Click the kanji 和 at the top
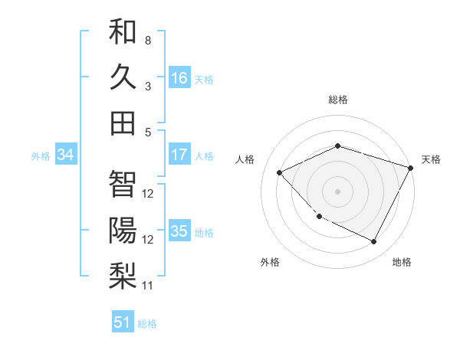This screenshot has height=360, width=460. tap(123, 32)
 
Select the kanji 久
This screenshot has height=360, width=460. tap(123, 77)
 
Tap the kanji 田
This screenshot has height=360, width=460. tap(123, 123)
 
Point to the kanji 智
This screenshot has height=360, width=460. tap(123, 184)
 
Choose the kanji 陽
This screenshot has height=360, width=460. tap(123, 229)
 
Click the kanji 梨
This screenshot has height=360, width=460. tap(123, 275)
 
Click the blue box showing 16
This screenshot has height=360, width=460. tap(179, 78)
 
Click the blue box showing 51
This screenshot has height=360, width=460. tap(123, 322)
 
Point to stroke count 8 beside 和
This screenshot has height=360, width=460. tap(147, 39)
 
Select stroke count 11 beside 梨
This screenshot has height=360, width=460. tap(148, 286)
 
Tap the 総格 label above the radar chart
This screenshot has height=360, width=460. tap(338, 100)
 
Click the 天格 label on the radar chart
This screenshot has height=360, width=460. tap(431, 159)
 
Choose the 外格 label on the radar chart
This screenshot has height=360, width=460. tap(270, 262)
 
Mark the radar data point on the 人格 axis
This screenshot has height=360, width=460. tap(280, 172)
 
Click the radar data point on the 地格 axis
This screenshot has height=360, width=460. tap(374, 242)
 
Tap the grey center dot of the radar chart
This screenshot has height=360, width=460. tap(338, 191)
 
